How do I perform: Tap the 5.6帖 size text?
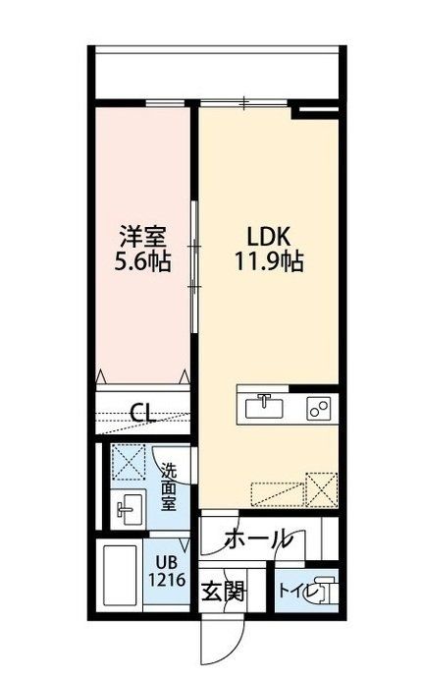point(142,262)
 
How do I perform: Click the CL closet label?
point(143,413)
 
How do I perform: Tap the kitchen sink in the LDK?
point(262,405)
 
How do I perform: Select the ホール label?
point(256,539)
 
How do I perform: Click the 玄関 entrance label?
point(224,593)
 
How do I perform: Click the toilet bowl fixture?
point(324,593)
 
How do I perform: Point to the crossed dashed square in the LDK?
point(320,488)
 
